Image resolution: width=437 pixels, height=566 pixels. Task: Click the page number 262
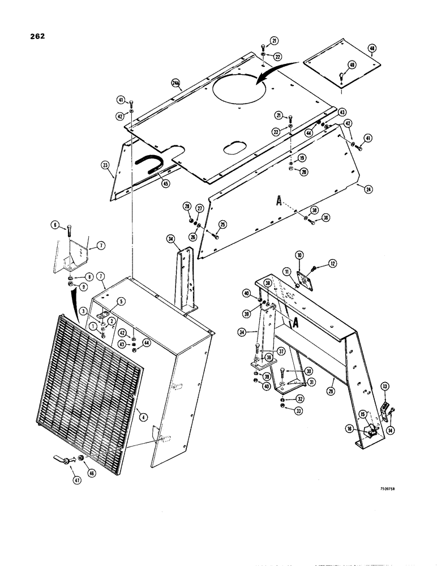(x=35, y=37)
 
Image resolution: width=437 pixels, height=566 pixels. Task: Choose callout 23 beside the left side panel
(x=106, y=166)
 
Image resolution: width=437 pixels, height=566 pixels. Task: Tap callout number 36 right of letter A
(x=326, y=217)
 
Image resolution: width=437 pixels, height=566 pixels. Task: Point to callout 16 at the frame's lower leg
(x=350, y=430)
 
